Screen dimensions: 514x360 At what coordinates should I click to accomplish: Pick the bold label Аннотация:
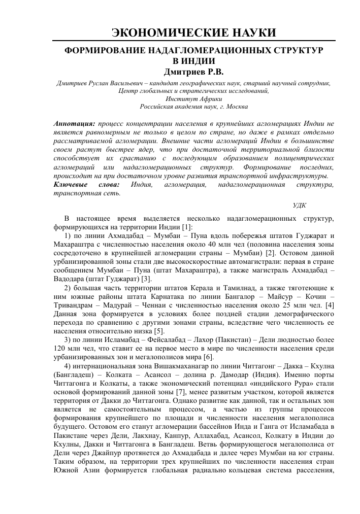(x=74, y=123)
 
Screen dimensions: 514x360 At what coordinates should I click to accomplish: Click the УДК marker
(x=299, y=204)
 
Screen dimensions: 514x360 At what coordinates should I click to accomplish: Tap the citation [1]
(x=187, y=227)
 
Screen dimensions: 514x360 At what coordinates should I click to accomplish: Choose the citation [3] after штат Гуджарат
(x=147, y=279)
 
